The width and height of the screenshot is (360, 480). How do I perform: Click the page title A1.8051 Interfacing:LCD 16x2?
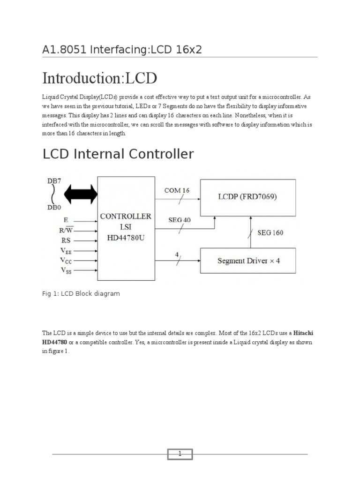(x=122, y=49)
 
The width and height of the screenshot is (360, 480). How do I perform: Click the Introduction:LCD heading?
(x=99, y=78)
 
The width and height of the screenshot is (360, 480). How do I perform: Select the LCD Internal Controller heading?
(x=118, y=154)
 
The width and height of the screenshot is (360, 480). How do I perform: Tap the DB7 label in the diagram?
(x=54, y=181)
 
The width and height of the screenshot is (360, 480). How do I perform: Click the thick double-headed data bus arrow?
(x=81, y=194)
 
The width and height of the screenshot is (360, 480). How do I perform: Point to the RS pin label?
(x=65, y=240)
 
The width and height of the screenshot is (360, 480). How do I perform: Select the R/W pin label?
(x=65, y=230)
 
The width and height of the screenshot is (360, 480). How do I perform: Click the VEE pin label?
(x=65, y=250)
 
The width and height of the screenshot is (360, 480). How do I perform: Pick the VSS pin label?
(x=65, y=270)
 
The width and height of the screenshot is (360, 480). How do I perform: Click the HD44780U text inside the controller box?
(x=126, y=238)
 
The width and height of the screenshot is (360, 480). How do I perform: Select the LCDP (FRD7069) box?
(x=248, y=196)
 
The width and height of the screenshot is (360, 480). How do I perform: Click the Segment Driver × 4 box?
(x=248, y=261)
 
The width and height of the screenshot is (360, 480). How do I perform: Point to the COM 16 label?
(x=177, y=190)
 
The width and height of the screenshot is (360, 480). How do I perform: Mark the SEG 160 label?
(x=270, y=232)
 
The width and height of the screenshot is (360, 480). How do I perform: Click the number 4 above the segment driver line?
(x=177, y=254)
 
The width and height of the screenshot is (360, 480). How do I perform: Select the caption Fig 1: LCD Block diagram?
(x=81, y=293)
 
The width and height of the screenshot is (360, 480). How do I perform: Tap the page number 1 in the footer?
(x=180, y=454)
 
